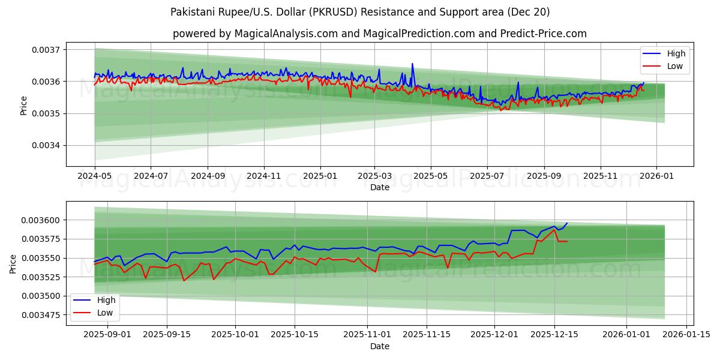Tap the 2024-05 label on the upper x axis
pyautogui.click(x=95, y=176)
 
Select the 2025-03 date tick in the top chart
pyautogui.click(x=374, y=176)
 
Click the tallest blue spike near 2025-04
pyautogui.click(x=412, y=64)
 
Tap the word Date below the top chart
pyautogui.click(x=380, y=187)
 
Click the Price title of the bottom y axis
pyautogui.click(x=13, y=263)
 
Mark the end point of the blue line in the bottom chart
pyautogui.click(x=567, y=223)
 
